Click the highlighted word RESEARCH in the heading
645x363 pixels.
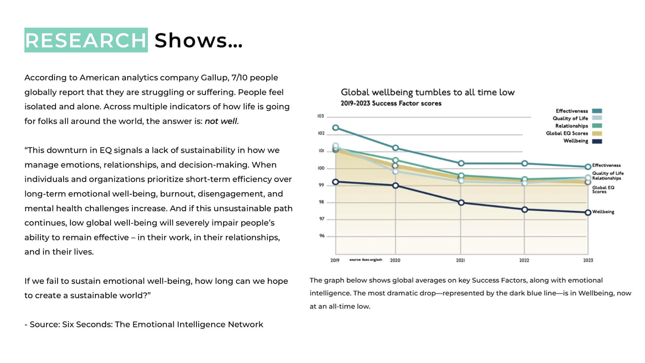(86, 40)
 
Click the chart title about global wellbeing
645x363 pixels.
(427, 92)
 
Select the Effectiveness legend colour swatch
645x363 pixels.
(597, 111)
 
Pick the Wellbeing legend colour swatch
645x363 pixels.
(597, 141)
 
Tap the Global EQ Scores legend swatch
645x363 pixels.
(597, 133)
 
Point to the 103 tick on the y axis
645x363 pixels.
(321, 116)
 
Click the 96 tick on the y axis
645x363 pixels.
(322, 236)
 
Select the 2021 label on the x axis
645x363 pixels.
(461, 260)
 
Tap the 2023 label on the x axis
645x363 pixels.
(588, 260)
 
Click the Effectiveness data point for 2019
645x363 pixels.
(336, 128)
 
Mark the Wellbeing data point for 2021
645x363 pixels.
(461, 203)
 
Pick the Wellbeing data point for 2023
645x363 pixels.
(588, 212)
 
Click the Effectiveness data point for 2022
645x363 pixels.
(525, 163)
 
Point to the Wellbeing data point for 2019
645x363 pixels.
(336, 182)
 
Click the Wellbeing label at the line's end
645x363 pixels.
(603, 212)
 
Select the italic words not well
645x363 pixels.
(221, 121)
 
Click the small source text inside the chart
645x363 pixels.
(365, 260)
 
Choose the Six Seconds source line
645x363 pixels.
(144, 324)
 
